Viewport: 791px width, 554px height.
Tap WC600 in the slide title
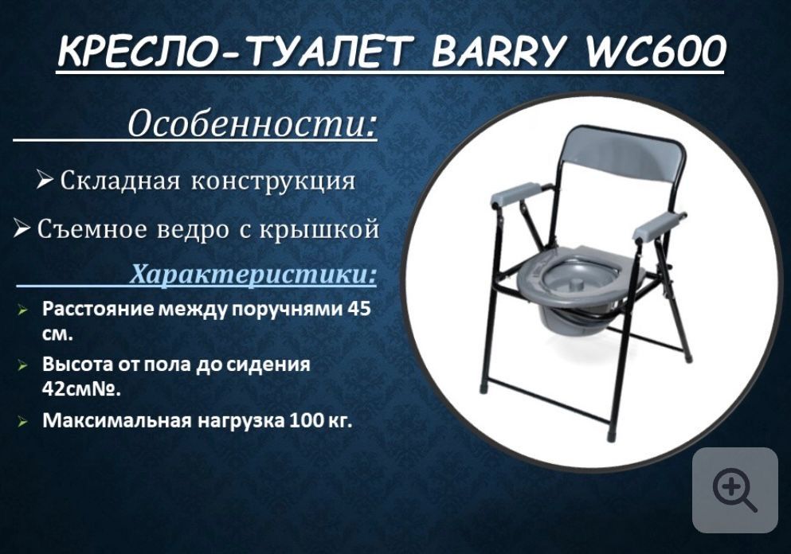(655, 52)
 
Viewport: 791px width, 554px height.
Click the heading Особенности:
(252, 123)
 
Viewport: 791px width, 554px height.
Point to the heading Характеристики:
(253, 275)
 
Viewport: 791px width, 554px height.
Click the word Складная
(119, 181)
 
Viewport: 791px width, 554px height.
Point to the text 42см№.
(81, 389)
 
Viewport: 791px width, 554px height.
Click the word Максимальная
(116, 420)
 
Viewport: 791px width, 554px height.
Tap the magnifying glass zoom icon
(734, 490)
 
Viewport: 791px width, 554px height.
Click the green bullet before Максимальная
(22, 421)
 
